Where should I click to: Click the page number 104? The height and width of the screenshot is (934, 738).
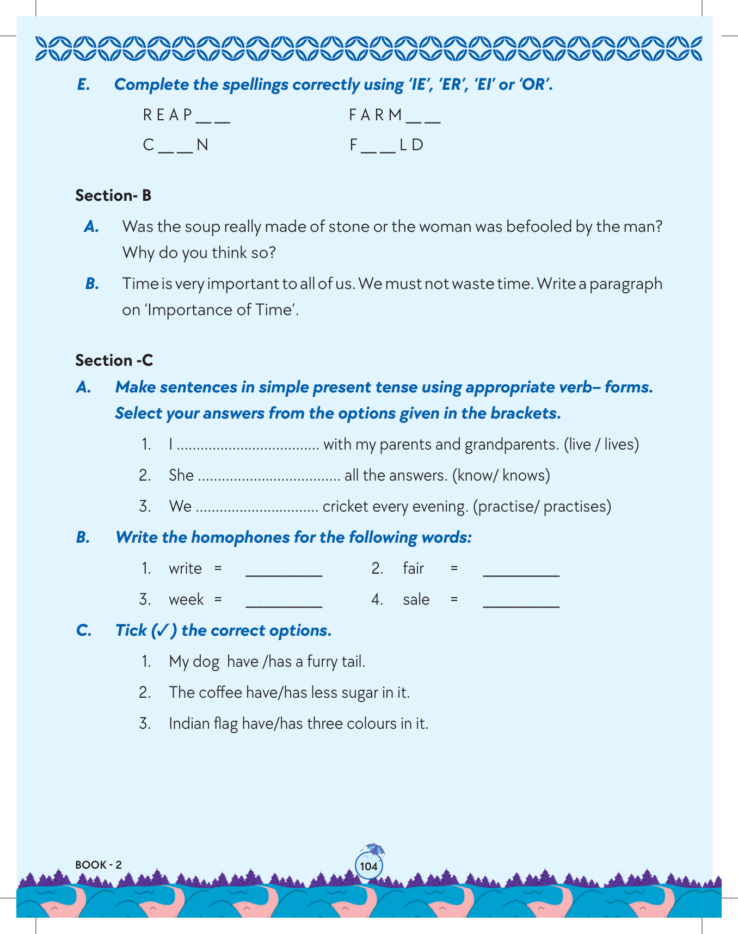pos(368,867)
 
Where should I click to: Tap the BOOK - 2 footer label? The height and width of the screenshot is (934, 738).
pos(99,865)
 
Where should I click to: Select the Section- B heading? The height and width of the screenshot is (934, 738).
pos(113,196)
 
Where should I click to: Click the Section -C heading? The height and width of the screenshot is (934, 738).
pos(114,360)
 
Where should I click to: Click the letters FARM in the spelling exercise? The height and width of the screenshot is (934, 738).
pos(376,115)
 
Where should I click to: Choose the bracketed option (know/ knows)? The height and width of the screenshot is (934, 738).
pos(501,476)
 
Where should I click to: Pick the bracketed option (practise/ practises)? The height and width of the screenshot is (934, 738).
pos(542,507)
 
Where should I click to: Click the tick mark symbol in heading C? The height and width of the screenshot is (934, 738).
pos(162,631)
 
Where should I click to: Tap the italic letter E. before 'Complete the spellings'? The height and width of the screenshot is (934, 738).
pos(83,85)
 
